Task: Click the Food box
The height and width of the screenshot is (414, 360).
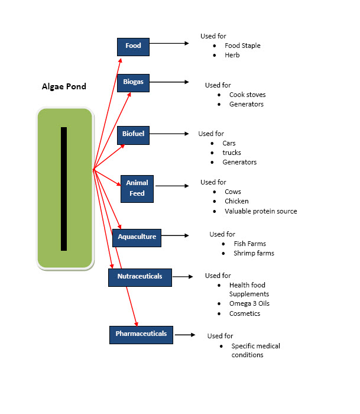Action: point(133,46)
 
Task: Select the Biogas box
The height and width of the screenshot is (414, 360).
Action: point(133,83)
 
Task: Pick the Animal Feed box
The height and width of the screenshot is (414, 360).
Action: point(137,188)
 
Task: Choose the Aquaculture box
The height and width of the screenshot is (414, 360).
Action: point(137,237)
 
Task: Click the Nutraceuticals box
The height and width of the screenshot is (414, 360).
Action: point(140,276)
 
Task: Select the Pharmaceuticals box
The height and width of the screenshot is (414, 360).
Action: point(141,334)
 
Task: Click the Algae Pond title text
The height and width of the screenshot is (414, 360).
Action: point(64,86)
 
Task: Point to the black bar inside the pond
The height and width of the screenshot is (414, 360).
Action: point(64,189)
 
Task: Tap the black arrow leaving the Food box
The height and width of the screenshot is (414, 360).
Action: point(168,43)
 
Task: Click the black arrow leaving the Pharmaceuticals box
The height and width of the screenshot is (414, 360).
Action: point(185,335)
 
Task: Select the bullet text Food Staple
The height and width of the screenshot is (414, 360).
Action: point(242,46)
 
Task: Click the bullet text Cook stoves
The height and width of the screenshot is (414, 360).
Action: point(247,95)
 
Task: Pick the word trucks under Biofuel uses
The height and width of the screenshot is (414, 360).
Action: point(232,153)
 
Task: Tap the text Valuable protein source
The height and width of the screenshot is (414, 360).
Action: point(261,211)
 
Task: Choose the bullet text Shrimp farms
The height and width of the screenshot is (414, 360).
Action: point(254,253)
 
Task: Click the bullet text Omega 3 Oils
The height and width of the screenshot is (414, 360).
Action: point(249,303)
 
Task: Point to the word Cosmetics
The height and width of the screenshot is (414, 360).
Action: point(245,313)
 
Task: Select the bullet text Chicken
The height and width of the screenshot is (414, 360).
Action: point(236,201)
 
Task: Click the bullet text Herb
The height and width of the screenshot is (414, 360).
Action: point(232,55)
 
